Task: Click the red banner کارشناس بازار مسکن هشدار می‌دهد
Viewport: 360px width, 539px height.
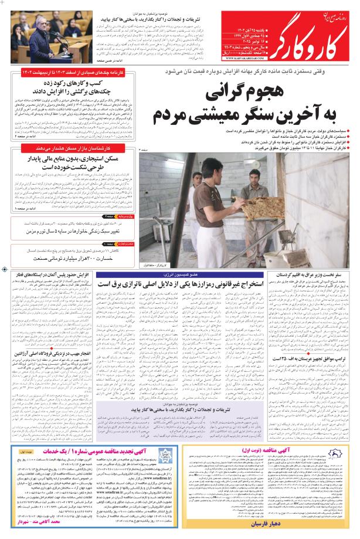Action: (68, 149)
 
